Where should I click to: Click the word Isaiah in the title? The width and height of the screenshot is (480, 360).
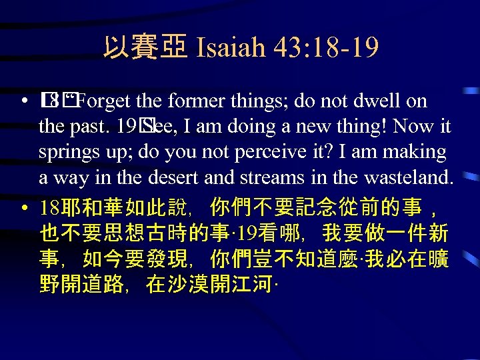(227, 48)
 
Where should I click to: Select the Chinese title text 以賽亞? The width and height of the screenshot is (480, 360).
(145, 48)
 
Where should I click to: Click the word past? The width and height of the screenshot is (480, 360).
(88, 127)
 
